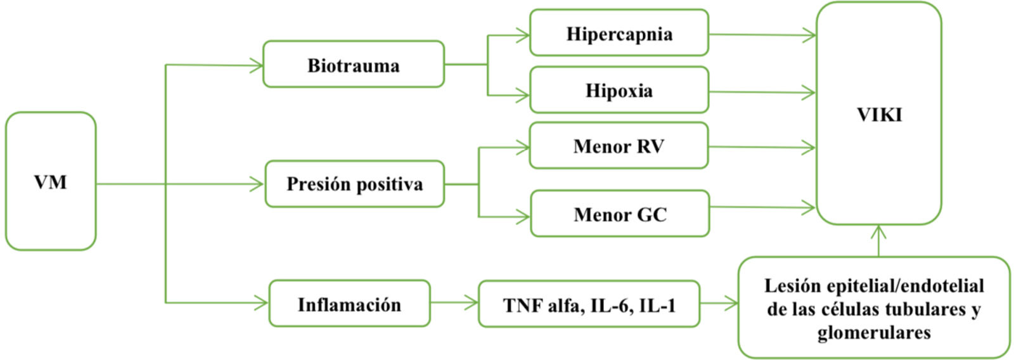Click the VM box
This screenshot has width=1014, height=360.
(x=51, y=182)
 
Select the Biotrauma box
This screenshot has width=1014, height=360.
(x=353, y=65)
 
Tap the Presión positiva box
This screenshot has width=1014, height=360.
(x=354, y=184)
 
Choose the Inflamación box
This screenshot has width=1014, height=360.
(x=349, y=304)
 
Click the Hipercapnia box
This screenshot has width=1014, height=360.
(x=619, y=33)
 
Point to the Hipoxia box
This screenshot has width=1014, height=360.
(x=619, y=90)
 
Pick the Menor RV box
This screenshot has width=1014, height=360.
(x=619, y=146)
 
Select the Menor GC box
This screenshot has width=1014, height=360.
(x=620, y=214)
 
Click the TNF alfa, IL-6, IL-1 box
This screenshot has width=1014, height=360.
(x=589, y=305)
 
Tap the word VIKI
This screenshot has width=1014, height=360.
(x=879, y=115)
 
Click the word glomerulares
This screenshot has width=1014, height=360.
(x=873, y=333)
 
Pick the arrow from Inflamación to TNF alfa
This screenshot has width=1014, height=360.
(x=454, y=303)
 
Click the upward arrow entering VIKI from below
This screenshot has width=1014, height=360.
(x=878, y=241)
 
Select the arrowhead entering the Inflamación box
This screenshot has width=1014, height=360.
(x=260, y=303)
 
